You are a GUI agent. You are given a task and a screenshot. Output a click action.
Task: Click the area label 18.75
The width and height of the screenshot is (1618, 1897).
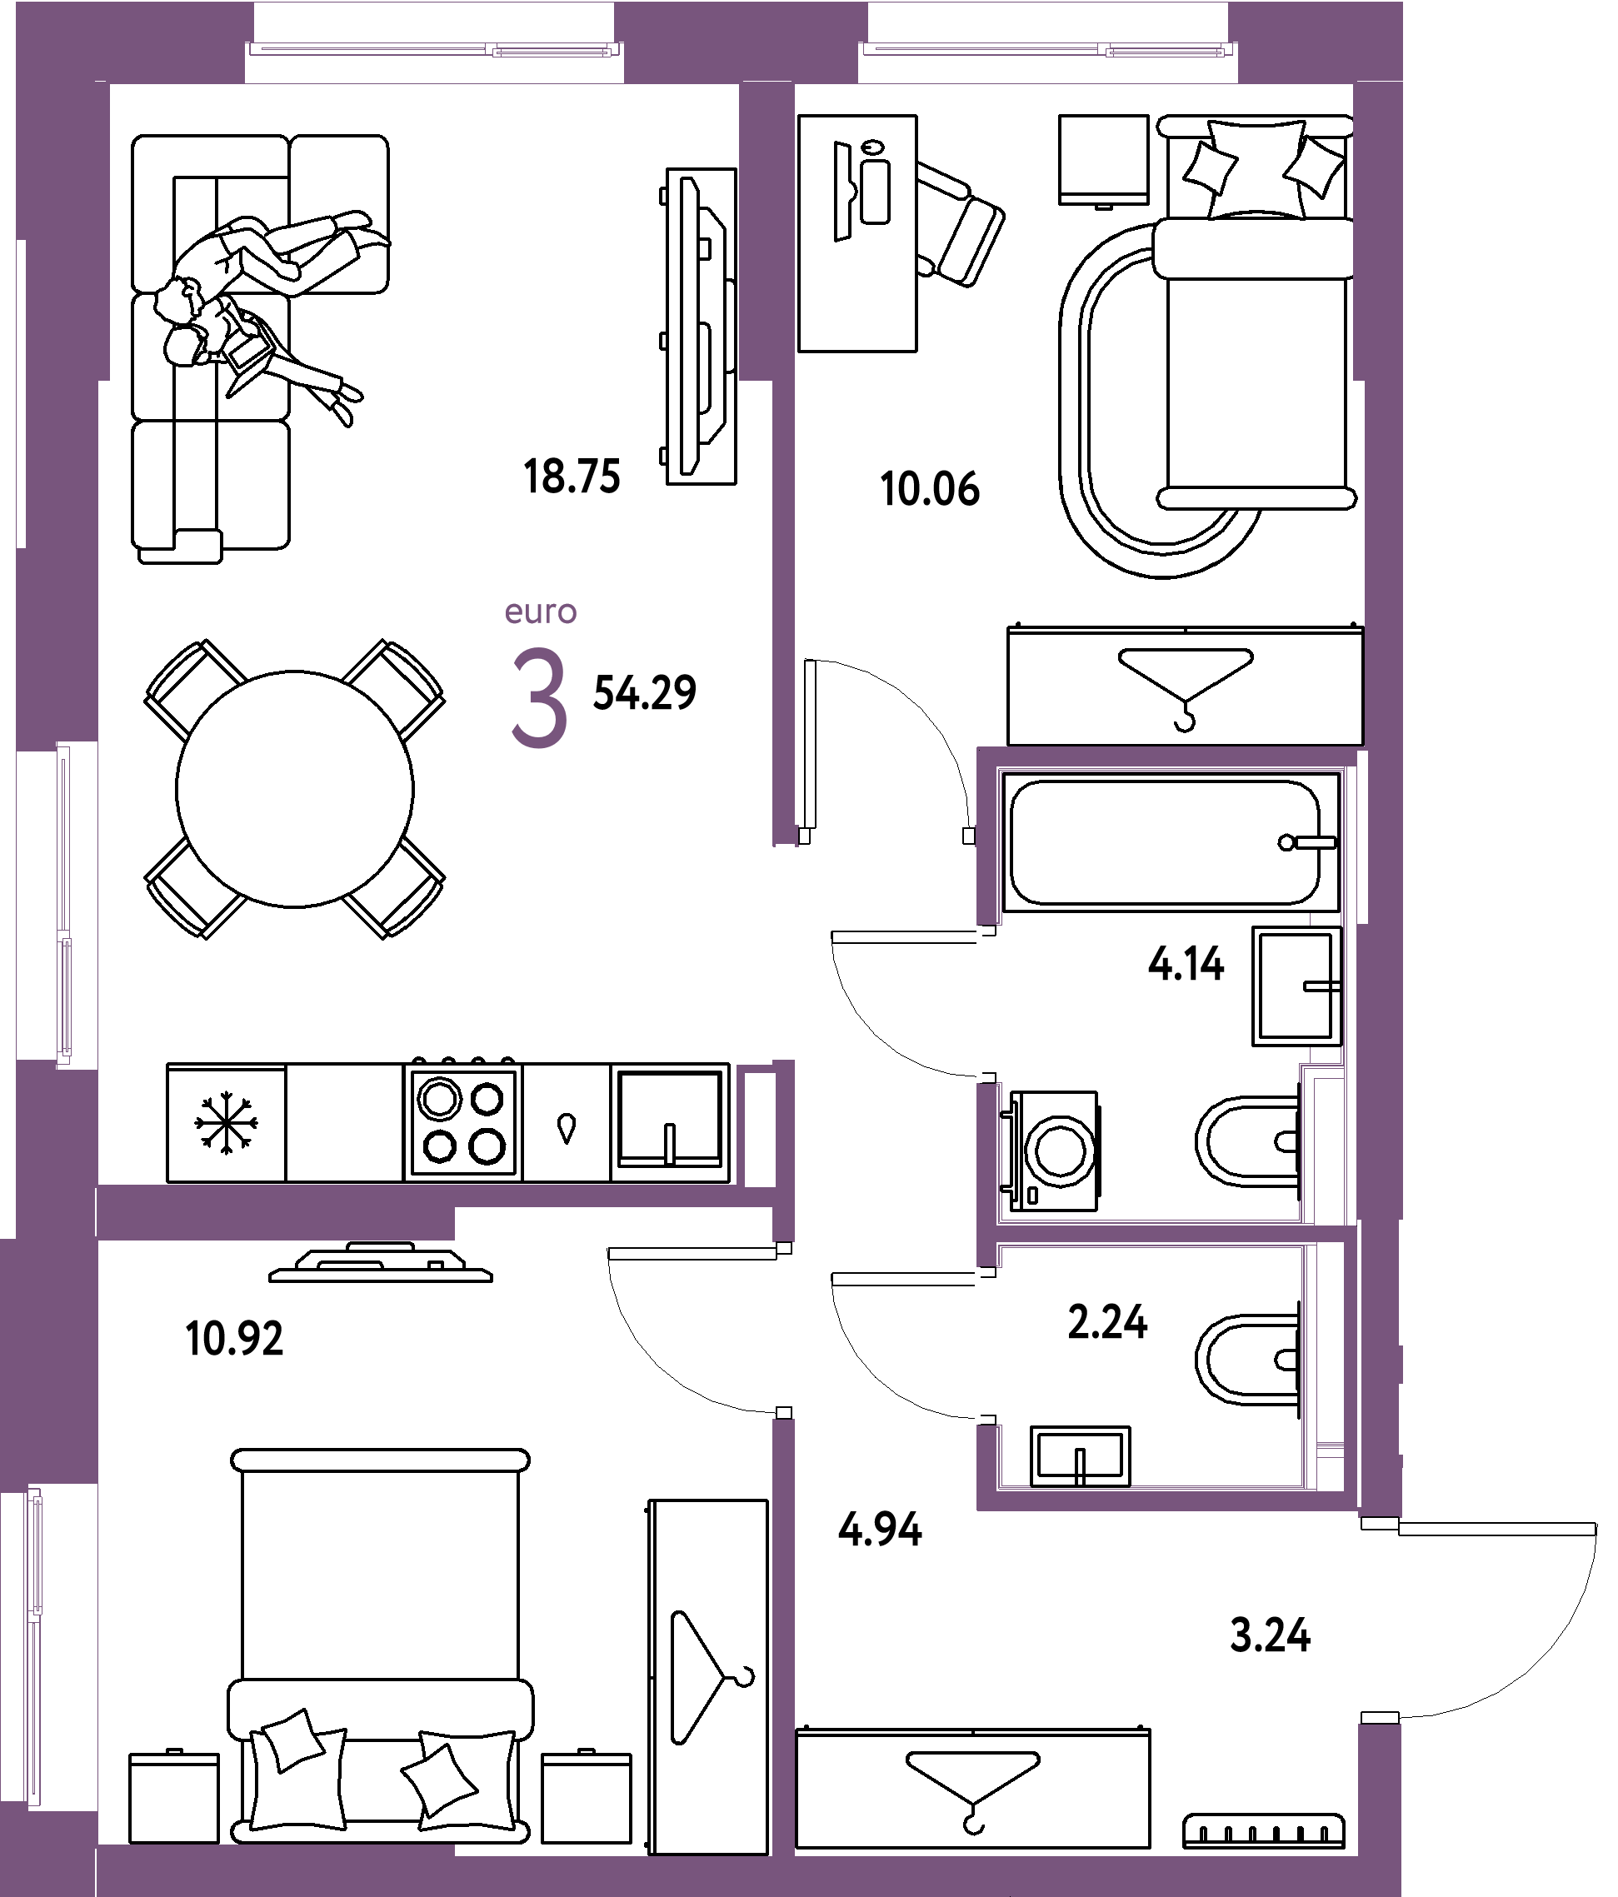pos(572,477)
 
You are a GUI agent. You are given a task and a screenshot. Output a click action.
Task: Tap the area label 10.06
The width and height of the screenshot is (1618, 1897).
pos(930,489)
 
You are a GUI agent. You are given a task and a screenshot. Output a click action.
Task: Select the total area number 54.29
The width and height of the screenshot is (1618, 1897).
pos(645,693)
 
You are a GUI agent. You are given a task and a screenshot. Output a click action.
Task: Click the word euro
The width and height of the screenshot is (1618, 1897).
pos(540,612)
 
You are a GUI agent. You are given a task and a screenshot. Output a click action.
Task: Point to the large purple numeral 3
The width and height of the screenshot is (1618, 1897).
pos(539,696)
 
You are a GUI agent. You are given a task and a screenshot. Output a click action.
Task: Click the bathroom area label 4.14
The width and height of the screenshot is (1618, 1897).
pos(1186,964)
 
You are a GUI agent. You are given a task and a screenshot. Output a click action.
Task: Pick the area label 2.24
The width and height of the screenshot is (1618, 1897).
pos(1107,1322)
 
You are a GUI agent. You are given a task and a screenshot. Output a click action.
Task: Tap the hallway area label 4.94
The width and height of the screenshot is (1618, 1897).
pos(880,1530)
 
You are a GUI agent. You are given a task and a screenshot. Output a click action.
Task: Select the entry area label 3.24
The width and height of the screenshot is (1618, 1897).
pos(1270,1635)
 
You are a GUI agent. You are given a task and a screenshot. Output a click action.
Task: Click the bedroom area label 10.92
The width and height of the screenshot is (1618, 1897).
pos(234,1339)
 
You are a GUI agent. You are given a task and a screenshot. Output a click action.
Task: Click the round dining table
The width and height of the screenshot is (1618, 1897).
pos(295,789)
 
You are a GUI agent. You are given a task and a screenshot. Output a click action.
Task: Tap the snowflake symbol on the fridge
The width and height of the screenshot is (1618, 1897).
pos(226,1122)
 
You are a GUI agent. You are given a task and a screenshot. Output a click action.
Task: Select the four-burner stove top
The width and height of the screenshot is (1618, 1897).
pos(463,1122)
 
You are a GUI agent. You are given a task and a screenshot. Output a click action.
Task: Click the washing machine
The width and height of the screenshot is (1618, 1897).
pos(1053,1151)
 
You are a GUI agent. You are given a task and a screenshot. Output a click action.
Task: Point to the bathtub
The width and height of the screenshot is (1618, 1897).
pos(1171,842)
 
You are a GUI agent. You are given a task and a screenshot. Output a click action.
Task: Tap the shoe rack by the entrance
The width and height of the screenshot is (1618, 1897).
pos(1264,1831)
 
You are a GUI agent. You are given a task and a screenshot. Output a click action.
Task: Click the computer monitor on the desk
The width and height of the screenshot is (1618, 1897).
pos(843,192)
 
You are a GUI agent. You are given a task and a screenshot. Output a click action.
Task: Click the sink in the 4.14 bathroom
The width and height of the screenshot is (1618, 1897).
pos(1296,986)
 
